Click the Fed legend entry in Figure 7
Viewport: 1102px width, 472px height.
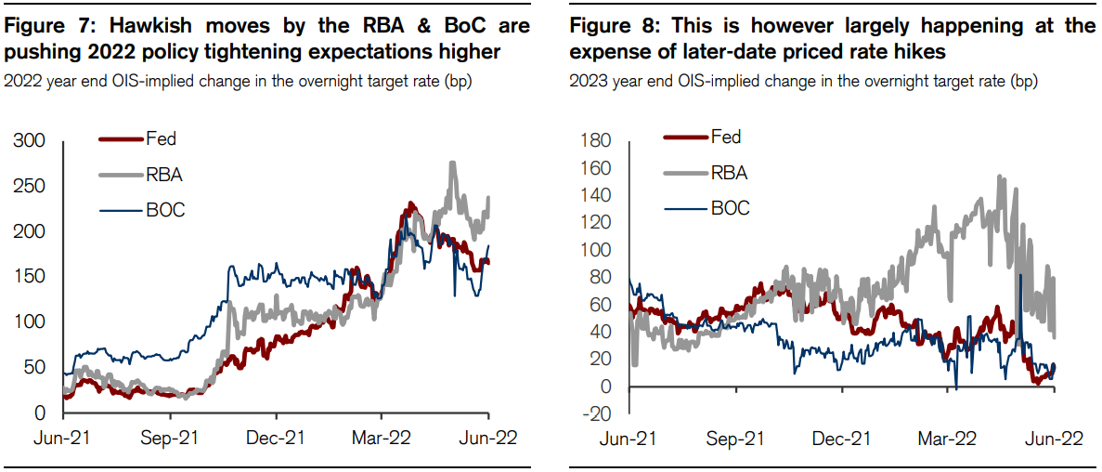pyautogui.click(x=162, y=139)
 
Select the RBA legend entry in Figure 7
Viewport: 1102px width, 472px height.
pyautogui.click(x=164, y=174)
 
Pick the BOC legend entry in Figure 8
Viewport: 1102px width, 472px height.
pyautogui.click(x=730, y=208)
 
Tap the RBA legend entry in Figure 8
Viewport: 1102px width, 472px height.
pyautogui.click(x=729, y=172)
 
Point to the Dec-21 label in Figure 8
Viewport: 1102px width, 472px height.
pyautogui.click(x=842, y=439)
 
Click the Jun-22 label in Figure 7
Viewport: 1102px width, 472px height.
pyautogui.click(x=488, y=438)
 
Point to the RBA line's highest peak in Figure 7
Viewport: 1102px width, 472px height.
pyautogui.click(x=452, y=164)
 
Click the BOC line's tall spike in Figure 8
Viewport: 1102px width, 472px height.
pyautogui.click(x=1020, y=276)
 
